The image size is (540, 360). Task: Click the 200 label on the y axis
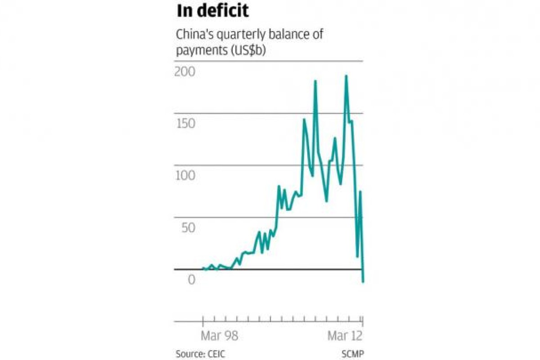(x=184, y=72)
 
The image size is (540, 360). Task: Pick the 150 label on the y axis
(x=184, y=123)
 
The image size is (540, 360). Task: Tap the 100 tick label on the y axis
(x=184, y=175)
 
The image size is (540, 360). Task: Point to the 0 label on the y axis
(x=192, y=279)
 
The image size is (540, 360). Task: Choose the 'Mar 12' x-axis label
(x=344, y=336)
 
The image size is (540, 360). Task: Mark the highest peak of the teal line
(x=346, y=76)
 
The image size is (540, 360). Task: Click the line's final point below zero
(x=363, y=282)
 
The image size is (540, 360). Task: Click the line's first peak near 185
(x=315, y=81)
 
